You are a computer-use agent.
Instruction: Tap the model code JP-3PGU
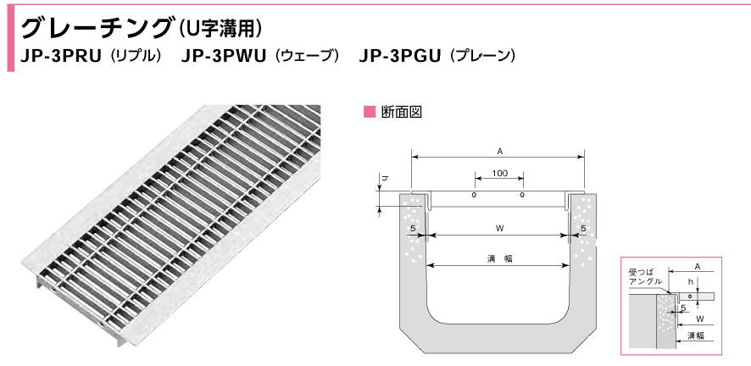398,57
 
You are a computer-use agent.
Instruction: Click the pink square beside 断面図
368,112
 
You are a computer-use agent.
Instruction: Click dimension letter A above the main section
500,151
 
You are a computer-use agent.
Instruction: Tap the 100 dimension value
499,174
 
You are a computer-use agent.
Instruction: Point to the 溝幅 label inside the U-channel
500,258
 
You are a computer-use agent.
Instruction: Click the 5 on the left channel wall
411,229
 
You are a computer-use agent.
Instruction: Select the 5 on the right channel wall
584,229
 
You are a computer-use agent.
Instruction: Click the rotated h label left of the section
384,180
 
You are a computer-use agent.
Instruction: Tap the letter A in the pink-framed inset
697,266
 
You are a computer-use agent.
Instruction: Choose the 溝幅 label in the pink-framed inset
695,336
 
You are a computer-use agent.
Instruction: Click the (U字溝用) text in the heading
220,28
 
